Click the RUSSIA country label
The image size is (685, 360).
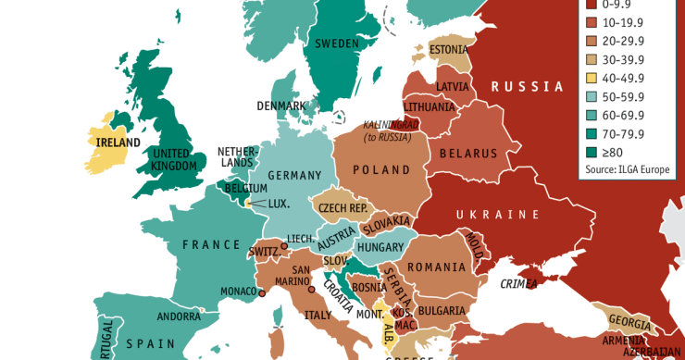coord(527,87)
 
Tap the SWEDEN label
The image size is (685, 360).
coord(337,43)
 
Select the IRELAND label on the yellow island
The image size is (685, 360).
coord(118,143)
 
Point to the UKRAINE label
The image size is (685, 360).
coord(497,215)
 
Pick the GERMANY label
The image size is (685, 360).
coord(294,176)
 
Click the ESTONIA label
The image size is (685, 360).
coord(449,50)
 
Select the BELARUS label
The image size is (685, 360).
coord(468,154)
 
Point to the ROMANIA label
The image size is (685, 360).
coord(432,267)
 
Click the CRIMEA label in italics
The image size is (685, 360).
coord(519,284)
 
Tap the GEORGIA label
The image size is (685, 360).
coord(628,320)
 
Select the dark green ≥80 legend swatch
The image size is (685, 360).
coord(592,153)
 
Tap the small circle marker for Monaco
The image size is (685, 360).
coord(262,293)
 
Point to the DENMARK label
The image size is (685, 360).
coord(281,106)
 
